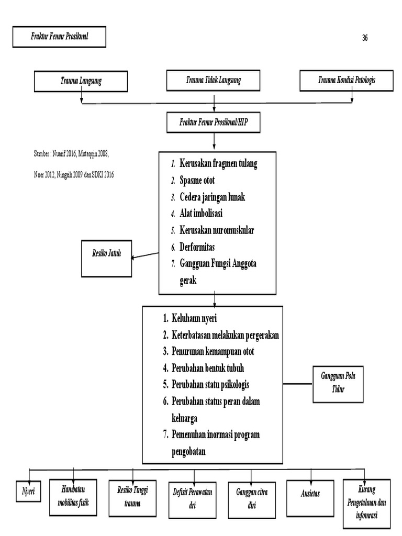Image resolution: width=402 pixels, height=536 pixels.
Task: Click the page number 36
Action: (364, 38)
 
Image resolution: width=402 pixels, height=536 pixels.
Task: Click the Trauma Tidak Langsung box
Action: (214, 80)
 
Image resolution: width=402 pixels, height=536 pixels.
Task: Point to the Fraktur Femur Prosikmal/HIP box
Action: (214, 122)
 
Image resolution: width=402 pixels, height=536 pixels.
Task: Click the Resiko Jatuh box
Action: (106, 258)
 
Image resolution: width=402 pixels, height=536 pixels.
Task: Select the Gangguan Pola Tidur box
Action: (338, 384)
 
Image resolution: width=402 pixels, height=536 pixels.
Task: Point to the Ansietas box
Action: (310, 494)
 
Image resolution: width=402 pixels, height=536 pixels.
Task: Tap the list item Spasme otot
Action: (197, 181)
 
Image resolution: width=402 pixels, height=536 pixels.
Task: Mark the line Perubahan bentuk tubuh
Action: (208, 367)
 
